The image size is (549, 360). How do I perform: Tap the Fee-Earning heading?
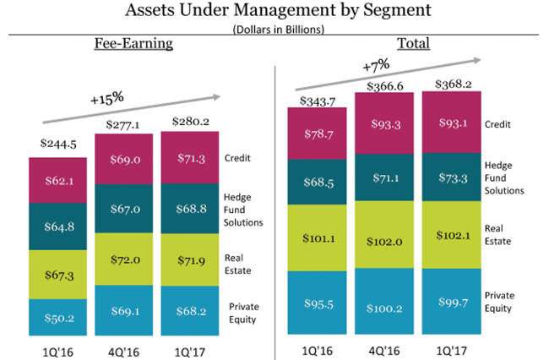(x=133, y=43)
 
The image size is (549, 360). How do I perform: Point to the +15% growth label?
(x=107, y=98)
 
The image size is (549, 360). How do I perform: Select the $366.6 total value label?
(x=384, y=85)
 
